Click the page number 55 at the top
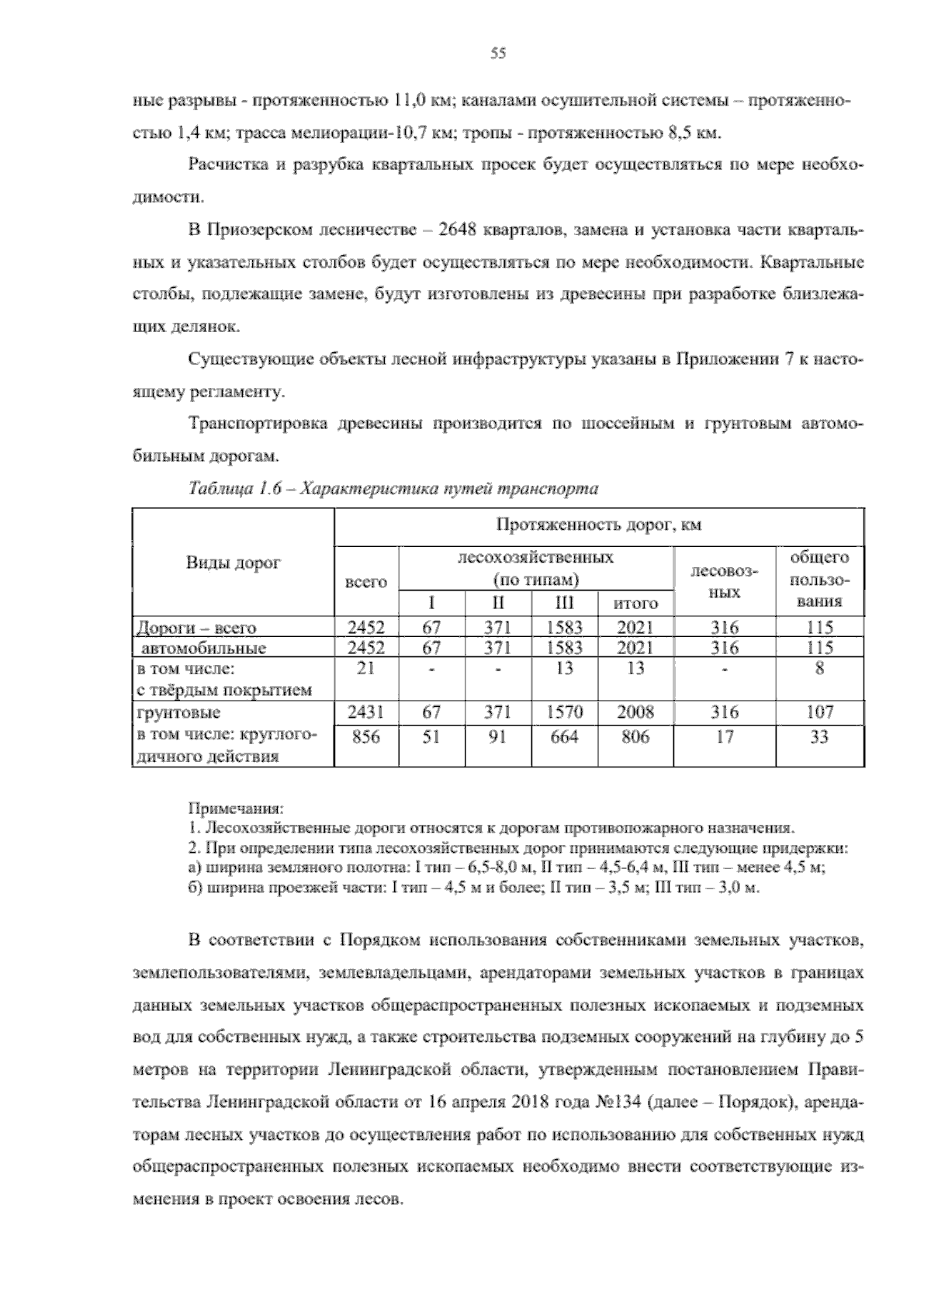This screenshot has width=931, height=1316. click(498, 53)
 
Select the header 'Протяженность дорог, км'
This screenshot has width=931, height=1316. click(598, 525)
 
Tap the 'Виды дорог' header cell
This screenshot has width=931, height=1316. click(233, 563)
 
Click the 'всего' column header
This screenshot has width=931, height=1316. click(366, 581)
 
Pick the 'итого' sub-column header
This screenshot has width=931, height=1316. click(635, 603)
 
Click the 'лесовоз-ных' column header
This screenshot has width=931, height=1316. click(724, 581)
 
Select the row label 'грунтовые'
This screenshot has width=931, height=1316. click(178, 712)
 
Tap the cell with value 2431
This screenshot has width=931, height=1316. click(366, 712)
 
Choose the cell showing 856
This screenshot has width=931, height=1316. click(366, 737)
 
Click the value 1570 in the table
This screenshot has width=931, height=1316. click(565, 712)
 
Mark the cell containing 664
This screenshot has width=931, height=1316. click(565, 737)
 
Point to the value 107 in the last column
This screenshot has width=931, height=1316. click(819, 712)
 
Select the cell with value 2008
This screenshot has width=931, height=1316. click(635, 712)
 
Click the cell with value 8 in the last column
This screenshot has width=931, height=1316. click(819, 668)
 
